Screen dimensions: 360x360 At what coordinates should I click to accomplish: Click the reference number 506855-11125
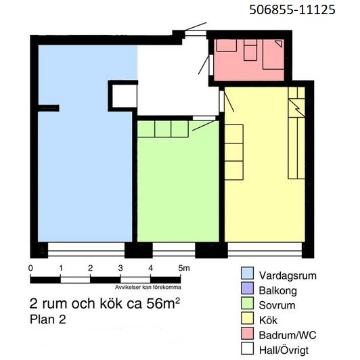(x=292, y=10)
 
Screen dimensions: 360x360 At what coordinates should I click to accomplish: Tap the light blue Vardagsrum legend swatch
(x=247, y=273)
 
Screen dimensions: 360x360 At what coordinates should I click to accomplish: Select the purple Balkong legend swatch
(x=247, y=288)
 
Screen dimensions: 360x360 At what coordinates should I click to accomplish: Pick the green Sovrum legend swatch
(x=247, y=303)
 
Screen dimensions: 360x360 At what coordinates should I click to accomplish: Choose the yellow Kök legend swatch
(x=247, y=318)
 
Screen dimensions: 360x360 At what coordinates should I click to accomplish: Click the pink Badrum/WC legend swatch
(x=247, y=333)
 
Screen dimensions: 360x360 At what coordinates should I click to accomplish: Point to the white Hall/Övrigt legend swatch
(x=247, y=348)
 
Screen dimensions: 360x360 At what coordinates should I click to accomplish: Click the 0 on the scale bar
(x=30, y=268)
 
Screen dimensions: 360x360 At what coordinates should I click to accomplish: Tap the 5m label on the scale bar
(x=184, y=268)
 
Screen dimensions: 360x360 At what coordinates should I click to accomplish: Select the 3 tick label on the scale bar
(x=120, y=268)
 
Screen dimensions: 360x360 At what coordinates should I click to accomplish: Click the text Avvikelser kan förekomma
(x=148, y=287)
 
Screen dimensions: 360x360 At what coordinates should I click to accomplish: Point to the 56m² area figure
(x=163, y=304)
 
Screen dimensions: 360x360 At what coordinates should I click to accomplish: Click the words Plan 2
(x=48, y=319)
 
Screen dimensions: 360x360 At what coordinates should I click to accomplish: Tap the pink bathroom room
(x=249, y=60)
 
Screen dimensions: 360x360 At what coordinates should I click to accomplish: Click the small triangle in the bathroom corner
(x=279, y=43)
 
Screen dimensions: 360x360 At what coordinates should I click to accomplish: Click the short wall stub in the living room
(x=49, y=108)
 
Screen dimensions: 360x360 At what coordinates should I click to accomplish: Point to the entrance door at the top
(x=196, y=34)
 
